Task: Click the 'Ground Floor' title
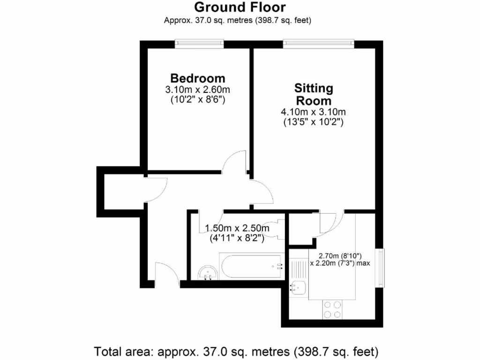[240, 7]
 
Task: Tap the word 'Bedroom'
[197, 78]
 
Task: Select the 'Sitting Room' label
[313, 94]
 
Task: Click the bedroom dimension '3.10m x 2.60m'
[197, 90]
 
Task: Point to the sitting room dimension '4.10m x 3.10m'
[313, 112]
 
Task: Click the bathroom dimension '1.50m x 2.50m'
[237, 228]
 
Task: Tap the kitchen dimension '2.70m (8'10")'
[340, 255]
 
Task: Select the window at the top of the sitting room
[318, 44]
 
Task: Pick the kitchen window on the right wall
[382, 268]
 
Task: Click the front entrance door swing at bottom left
[165, 274]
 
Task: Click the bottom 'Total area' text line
[236, 351]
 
